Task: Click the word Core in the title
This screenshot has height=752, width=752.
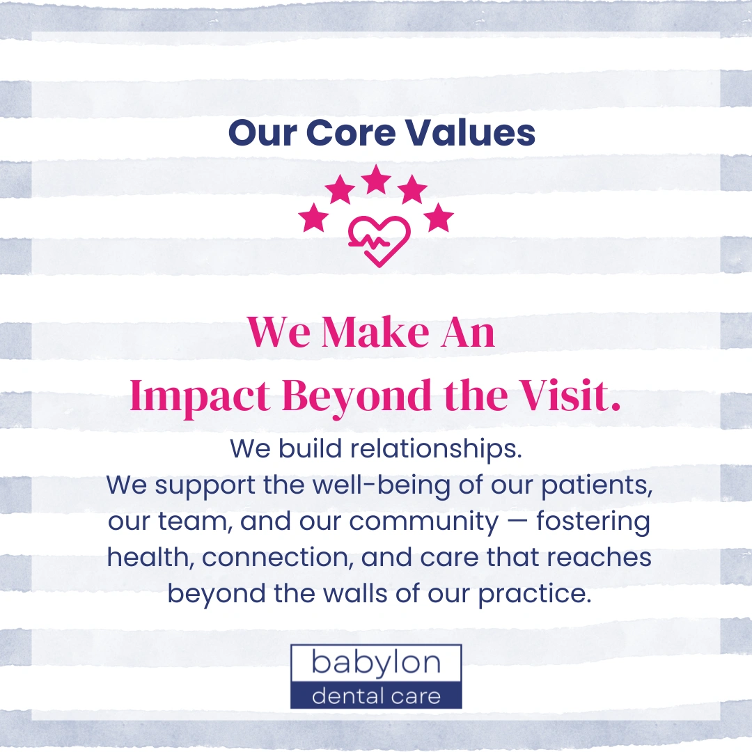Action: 350,132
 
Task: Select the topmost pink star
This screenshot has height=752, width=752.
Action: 375,178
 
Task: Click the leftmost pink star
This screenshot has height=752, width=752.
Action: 313,217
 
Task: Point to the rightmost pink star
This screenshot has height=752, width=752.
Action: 439,217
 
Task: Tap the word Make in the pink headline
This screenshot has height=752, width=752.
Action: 375,332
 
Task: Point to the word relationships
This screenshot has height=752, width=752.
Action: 436,449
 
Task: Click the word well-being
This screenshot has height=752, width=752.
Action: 382,485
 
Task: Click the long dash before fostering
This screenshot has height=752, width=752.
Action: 517,522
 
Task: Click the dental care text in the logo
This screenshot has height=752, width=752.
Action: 376,696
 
